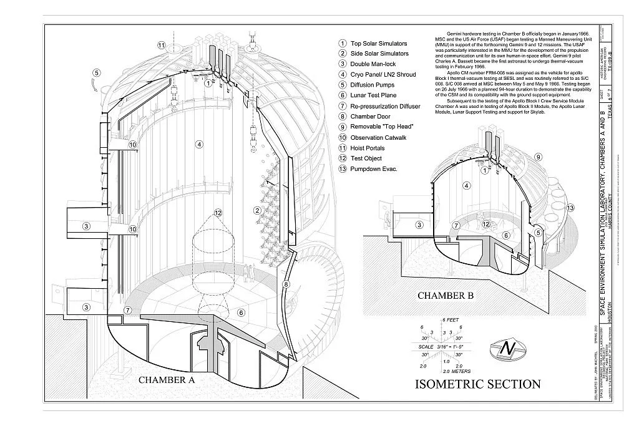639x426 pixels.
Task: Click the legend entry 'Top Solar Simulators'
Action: tap(378, 44)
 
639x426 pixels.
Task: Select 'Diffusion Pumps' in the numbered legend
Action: tap(373, 85)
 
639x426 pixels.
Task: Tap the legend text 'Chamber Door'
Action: tap(370, 116)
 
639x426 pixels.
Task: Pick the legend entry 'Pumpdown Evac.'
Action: tap(374, 169)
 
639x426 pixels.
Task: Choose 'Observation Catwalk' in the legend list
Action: tap(380, 137)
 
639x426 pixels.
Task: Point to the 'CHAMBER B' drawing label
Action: tap(447, 295)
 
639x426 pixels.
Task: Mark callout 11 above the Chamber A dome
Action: tap(162, 46)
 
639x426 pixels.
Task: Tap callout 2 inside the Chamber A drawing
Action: tap(256, 210)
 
